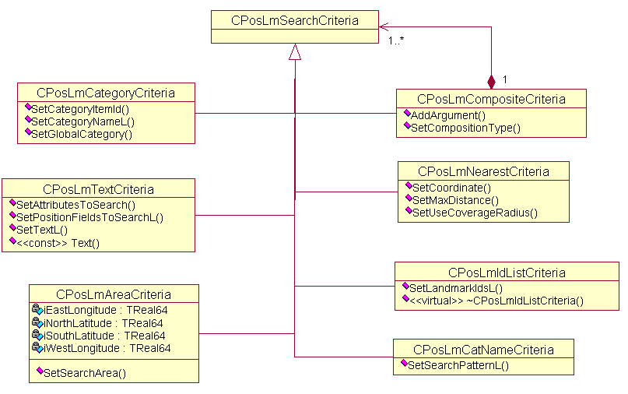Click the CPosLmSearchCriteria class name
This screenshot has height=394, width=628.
pos(295,20)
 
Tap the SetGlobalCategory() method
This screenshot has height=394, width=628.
pos(82,134)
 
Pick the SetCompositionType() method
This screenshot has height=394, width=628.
pos(465,128)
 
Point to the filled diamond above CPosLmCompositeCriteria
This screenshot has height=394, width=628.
pos(491,80)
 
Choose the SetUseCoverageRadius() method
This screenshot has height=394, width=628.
pos(474,212)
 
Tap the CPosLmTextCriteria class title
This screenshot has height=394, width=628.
pos(98,188)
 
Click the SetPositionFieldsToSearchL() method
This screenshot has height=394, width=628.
pos(89,217)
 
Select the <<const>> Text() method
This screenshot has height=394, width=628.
pos(58,243)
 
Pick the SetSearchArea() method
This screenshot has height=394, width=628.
pos(84,373)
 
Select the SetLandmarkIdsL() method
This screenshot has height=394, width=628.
pos(455,287)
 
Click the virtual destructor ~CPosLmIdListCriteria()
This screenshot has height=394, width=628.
pos(496,300)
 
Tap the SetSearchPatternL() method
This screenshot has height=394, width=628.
pos(458,364)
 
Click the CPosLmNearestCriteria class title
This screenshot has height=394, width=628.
pos(483,171)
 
